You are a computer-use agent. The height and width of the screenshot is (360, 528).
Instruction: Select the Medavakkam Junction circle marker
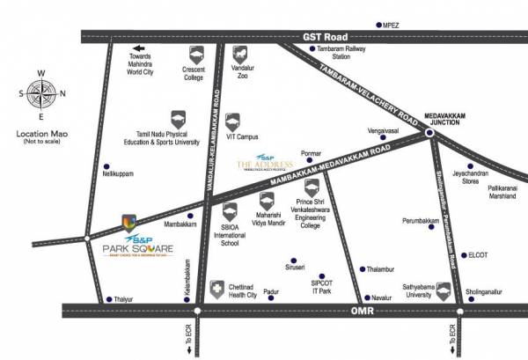pyautogui.click(x=429, y=133)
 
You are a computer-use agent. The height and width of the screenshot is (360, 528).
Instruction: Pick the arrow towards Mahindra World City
pyautogui.click(x=137, y=49)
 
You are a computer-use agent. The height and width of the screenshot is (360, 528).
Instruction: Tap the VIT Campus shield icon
pyautogui.click(x=231, y=121)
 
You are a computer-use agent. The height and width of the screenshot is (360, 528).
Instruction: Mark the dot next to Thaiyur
pyautogui.click(x=107, y=299)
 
